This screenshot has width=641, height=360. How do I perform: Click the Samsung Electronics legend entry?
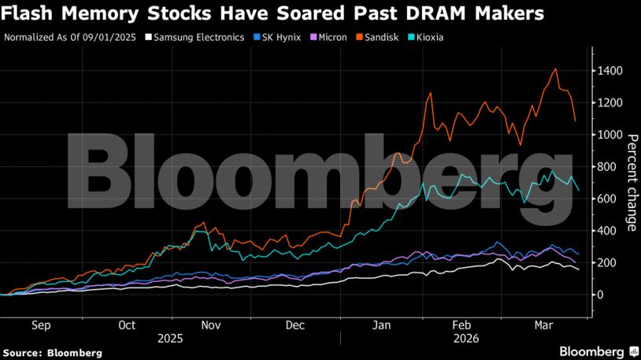click(200, 37)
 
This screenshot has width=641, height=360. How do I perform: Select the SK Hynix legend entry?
click(281, 37)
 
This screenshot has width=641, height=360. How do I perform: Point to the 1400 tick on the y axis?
click(610, 71)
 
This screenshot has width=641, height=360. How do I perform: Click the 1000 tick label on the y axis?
click(610, 135)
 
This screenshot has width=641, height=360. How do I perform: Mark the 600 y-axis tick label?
click(606, 199)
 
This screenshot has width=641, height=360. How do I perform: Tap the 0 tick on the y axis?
click(600, 295)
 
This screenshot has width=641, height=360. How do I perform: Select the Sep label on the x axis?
click(41, 324)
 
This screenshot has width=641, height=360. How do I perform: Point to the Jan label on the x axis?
click(382, 324)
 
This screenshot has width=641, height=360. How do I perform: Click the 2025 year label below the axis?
click(170, 338)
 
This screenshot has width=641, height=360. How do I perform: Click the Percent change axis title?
click(631, 182)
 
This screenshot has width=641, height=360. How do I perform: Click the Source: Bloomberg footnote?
click(52, 353)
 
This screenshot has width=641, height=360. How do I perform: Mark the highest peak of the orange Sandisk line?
click(557, 69)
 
